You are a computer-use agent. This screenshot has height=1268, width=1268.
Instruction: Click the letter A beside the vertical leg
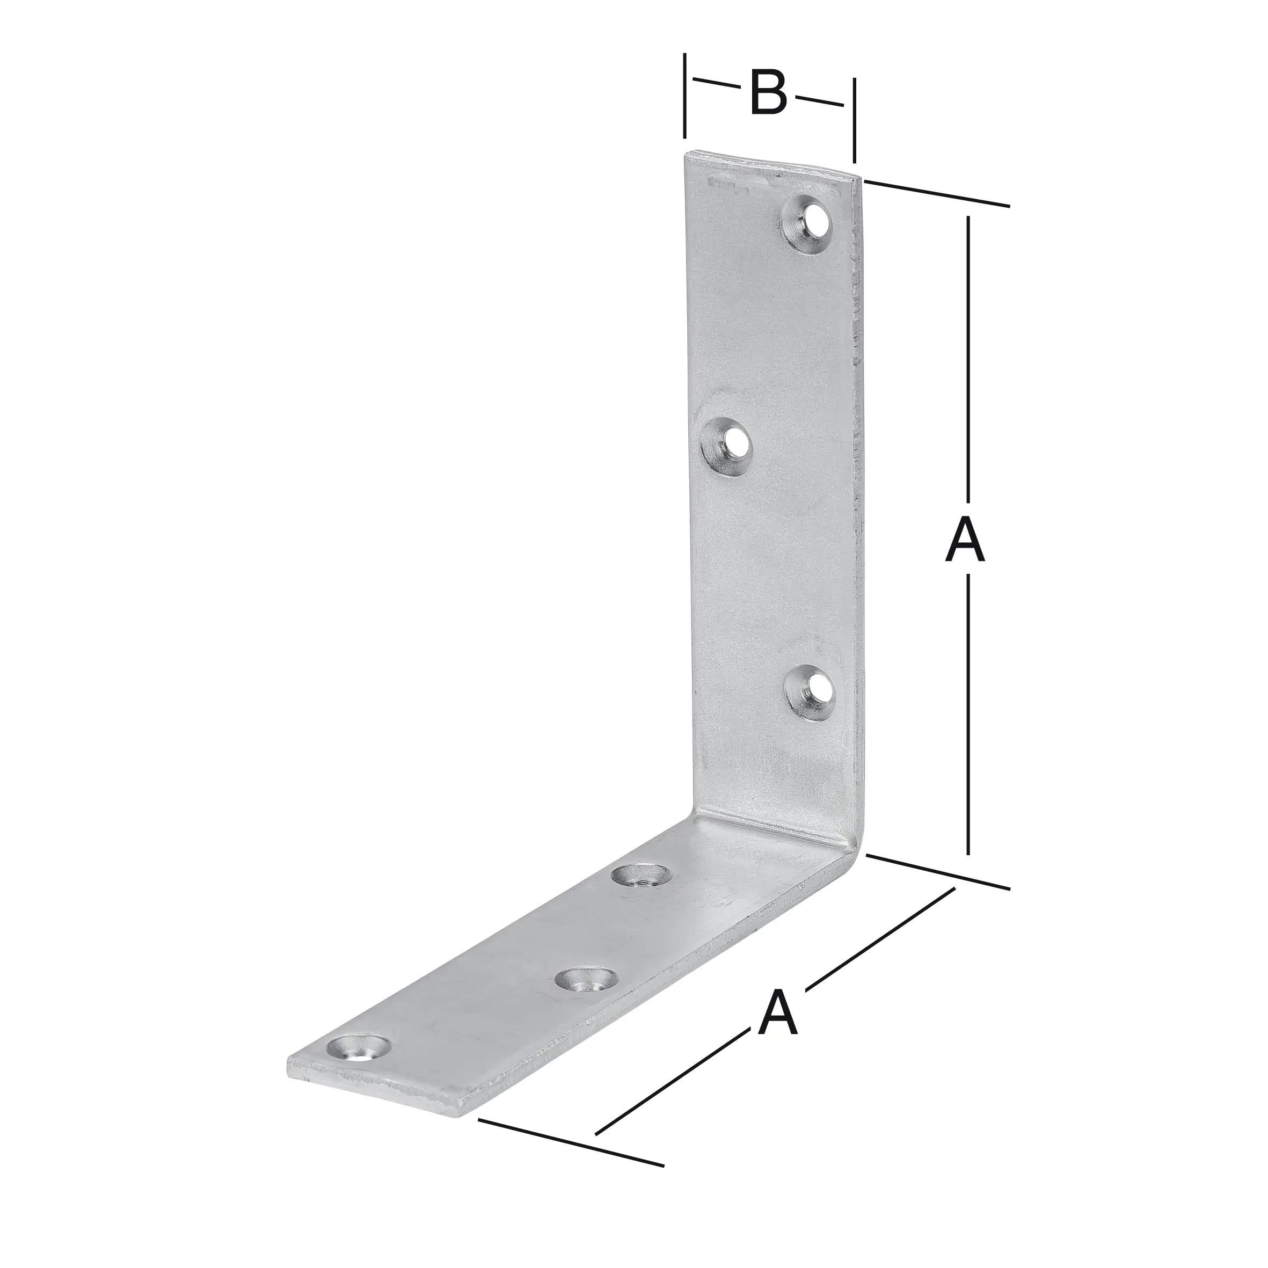[x=965, y=540]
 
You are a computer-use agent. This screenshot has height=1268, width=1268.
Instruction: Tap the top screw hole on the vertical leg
[x=807, y=223]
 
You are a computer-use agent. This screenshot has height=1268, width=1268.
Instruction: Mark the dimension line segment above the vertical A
[x=968, y=361]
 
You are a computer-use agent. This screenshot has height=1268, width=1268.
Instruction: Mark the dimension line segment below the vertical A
[x=968, y=722]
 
